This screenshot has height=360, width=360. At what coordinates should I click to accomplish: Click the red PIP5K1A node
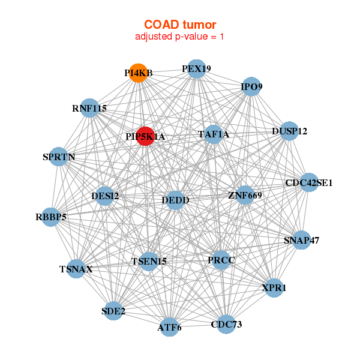[146, 136]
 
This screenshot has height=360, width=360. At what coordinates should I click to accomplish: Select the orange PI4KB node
[139, 73]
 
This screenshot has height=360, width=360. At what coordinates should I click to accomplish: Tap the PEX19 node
[196, 69]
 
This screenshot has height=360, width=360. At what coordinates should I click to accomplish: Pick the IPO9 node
[251, 87]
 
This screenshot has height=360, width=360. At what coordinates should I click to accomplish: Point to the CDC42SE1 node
[309, 182]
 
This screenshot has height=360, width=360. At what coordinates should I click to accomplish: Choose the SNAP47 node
[301, 241]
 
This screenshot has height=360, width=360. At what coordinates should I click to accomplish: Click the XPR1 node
[274, 288]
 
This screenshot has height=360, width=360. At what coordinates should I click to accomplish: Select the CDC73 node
[226, 325]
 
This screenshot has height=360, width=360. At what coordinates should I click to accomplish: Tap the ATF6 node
[170, 327]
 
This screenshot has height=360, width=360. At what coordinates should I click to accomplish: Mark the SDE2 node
[113, 311]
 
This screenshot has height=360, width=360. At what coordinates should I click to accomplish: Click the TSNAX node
[76, 269]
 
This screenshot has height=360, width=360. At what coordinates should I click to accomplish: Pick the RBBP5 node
[51, 217]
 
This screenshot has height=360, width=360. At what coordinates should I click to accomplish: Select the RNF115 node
[89, 109]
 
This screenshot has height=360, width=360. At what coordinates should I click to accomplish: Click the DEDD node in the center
[175, 200]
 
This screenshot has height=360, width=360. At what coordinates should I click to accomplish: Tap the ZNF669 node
[245, 195]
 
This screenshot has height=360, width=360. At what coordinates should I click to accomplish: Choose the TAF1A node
[214, 134]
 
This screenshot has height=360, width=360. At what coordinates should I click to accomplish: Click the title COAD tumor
[180, 25]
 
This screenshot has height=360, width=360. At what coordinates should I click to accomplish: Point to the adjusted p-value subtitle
[180, 37]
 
